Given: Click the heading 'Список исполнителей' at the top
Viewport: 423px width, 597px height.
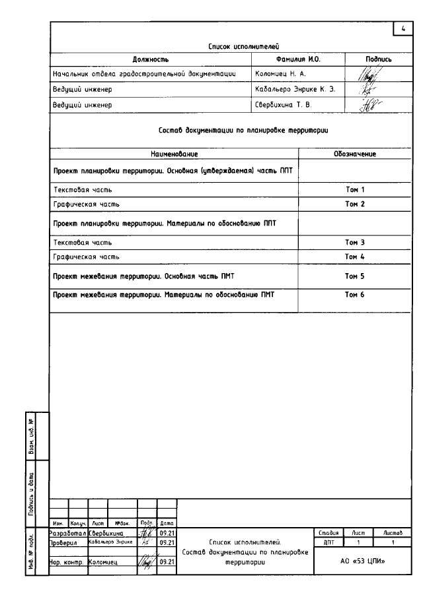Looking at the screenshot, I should tap(235, 47).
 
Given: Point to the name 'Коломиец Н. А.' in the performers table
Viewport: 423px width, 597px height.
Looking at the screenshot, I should tap(278, 75).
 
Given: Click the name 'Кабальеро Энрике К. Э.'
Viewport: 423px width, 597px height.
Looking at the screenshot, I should tap(296, 89).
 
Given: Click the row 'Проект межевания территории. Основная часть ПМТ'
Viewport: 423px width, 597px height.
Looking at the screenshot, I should tap(164, 276).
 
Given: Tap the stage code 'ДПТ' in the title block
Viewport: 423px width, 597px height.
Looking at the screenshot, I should tap(328, 542).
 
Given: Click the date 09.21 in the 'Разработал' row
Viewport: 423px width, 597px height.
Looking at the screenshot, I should tap(166, 532).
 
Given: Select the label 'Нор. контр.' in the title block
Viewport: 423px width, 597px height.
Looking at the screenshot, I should tap(67, 562).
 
